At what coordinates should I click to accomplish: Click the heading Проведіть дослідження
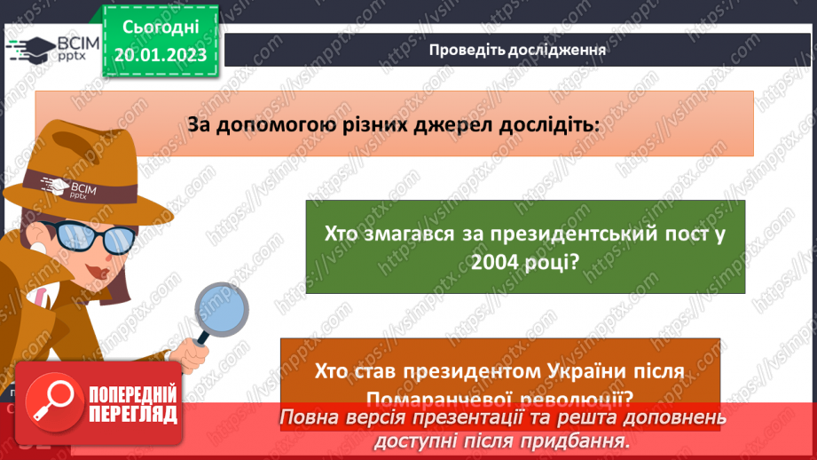[517, 50]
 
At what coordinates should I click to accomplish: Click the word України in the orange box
[585, 372]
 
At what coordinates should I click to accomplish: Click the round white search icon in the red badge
[52, 404]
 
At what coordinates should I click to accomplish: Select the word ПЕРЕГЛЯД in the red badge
[133, 414]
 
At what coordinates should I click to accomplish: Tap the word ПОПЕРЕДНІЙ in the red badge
[133, 394]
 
